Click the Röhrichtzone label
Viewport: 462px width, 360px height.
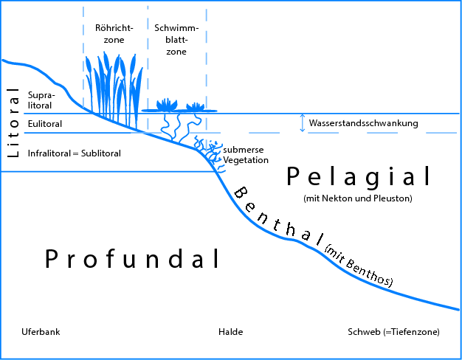(x=114, y=34)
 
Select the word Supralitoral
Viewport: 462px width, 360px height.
(x=41, y=100)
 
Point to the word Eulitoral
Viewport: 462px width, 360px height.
(x=45, y=124)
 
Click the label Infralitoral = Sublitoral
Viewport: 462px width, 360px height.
(x=74, y=153)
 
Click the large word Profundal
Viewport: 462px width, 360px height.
(x=133, y=259)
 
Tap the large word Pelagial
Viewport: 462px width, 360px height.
(x=358, y=176)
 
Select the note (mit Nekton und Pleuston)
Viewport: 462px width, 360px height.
(x=357, y=198)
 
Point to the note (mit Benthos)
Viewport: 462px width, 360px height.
(x=359, y=266)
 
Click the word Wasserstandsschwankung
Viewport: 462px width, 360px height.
(x=364, y=123)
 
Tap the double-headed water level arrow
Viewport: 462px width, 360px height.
(x=302, y=123)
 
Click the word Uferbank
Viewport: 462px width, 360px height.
(x=41, y=332)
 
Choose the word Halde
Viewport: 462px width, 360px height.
(x=230, y=332)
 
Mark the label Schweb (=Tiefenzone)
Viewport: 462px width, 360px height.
(x=393, y=332)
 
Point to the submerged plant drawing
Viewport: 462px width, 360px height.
(x=210, y=148)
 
